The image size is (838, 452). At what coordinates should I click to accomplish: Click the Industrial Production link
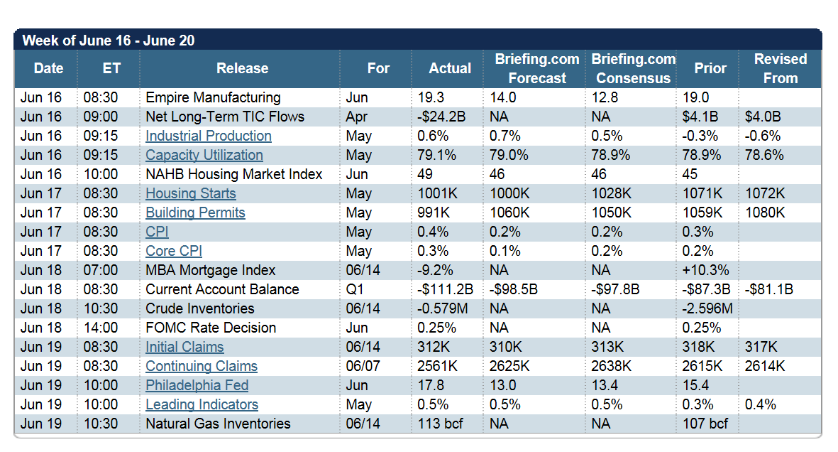point(209,136)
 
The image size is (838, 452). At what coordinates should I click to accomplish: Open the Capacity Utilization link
point(204,156)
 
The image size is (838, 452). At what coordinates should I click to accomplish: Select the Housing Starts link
point(191,194)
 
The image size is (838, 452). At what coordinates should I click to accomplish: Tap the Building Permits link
point(195,213)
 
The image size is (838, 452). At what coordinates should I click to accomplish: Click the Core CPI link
point(174,251)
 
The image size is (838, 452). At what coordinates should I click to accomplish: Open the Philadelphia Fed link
point(197,386)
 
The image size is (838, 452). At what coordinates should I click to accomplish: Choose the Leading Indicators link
point(202,405)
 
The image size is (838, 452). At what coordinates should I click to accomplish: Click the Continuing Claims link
point(202,366)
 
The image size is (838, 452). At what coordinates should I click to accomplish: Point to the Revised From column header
point(781,68)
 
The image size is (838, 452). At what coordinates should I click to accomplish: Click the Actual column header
point(450,68)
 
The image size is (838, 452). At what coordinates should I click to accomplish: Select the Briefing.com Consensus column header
point(634,68)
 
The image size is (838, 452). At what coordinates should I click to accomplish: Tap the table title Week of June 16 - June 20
point(109,41)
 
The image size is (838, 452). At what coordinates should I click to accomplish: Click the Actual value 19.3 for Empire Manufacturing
point(431,97)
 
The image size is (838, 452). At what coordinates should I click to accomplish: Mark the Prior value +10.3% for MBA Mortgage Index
point(705,271)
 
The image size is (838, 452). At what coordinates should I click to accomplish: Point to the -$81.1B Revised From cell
point(769,290)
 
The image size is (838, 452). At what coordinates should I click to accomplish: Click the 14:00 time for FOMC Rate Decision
point(101,328)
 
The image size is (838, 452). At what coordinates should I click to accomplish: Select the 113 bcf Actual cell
point(440,424)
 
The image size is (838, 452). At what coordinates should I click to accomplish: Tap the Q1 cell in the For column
point(355,290)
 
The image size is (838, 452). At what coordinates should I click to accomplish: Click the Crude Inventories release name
point(200,309)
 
